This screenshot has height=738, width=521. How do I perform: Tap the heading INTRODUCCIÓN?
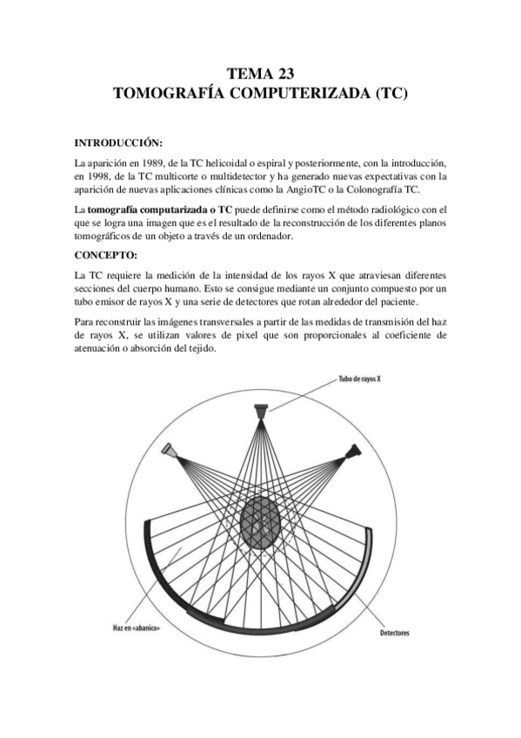tap(118, 143)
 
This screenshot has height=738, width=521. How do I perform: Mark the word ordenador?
tap(269, 238)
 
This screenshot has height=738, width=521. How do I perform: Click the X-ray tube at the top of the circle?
tap(262, 408)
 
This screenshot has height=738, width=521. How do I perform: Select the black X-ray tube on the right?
tap(352, 452)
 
